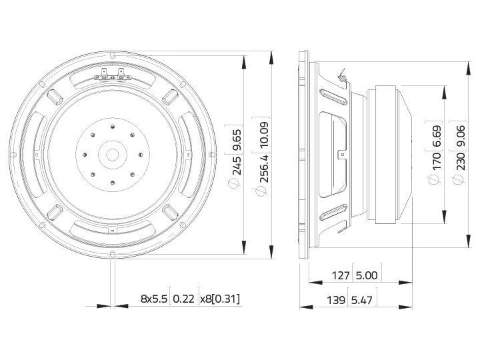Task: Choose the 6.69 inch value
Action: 437,135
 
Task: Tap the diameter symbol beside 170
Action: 437,179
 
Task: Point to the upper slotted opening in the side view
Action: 335,97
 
